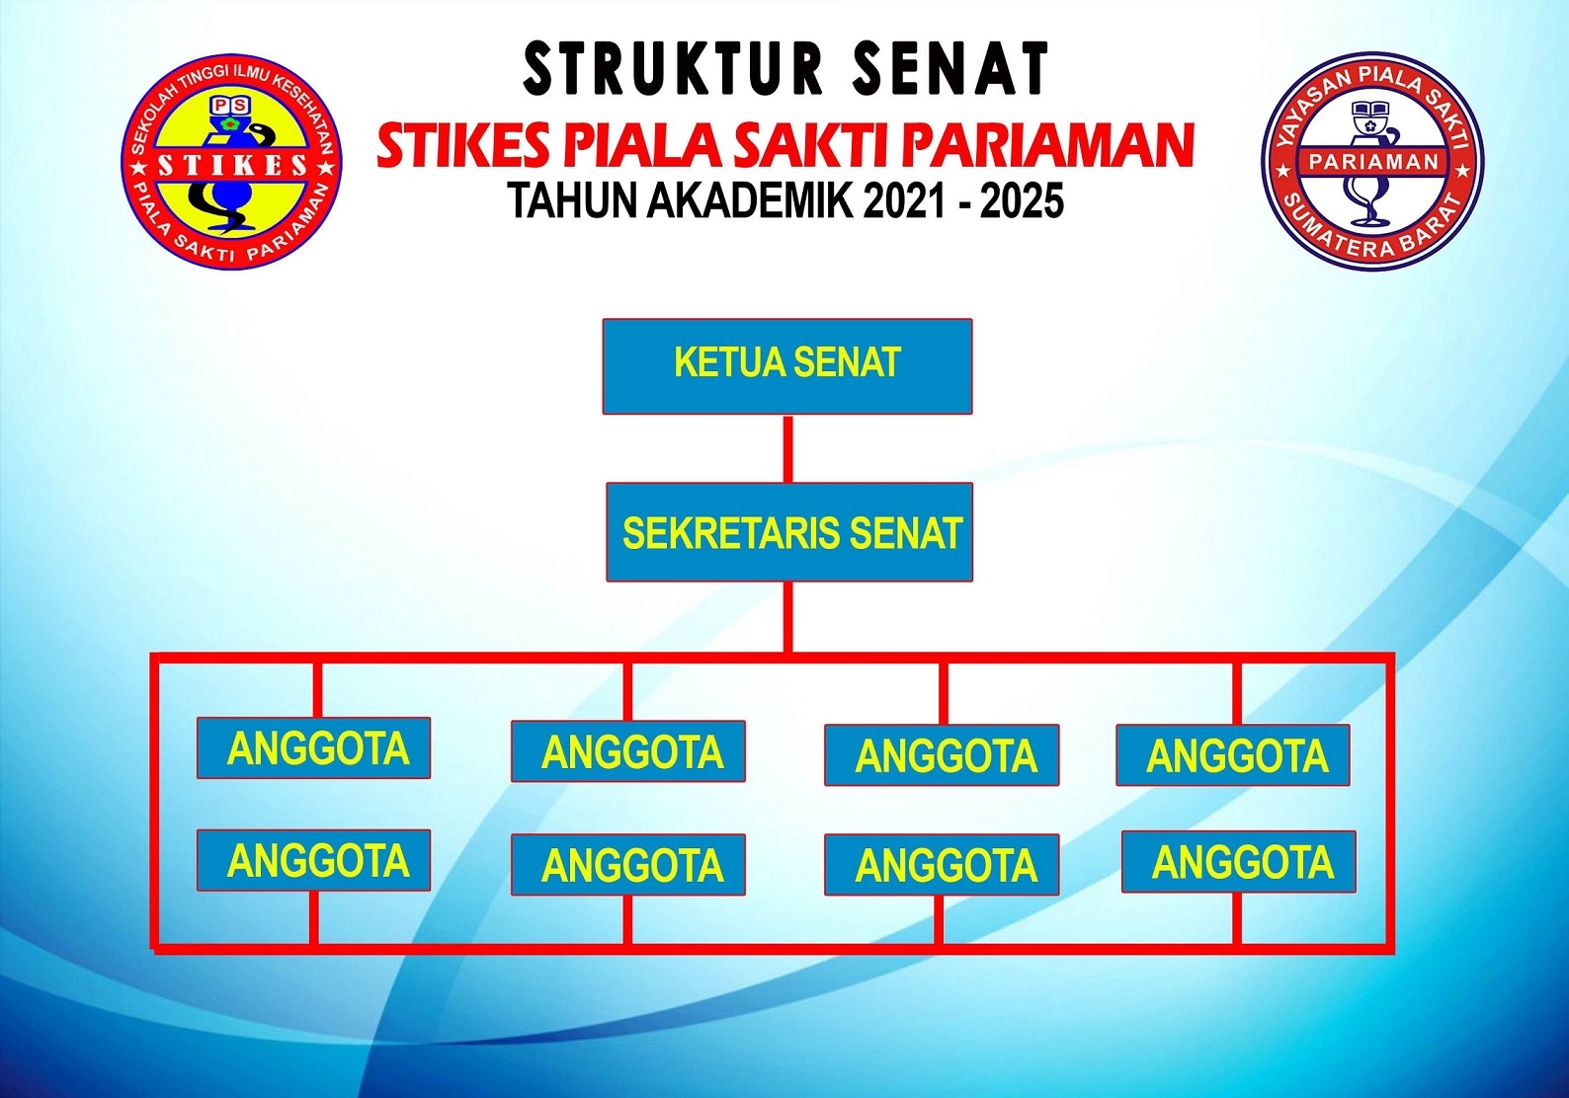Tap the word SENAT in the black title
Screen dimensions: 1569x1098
click(x=951, y=68)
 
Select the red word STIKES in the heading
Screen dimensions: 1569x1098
click(x=463, y=146)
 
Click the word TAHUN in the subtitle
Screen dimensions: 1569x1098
click(x=574, y=200)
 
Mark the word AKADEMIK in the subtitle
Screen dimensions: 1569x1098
click(x=750, y=200)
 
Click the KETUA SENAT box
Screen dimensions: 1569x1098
click(x=787, y=366)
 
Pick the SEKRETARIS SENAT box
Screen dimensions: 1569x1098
click(x=789, y=532)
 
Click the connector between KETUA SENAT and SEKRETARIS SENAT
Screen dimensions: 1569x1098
click(x=788, y=448)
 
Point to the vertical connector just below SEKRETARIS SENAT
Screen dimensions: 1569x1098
click(x=788, y=617)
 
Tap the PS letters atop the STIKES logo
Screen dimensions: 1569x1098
click(x=230, y=105)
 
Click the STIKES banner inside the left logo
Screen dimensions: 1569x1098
click(x=232, y=165)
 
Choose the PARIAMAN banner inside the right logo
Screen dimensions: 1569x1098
click(x=1373, y=162)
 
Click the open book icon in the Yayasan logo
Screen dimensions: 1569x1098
click(x=1372, y=111)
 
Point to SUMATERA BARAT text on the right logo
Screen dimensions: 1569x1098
click(x=1372, y=232)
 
